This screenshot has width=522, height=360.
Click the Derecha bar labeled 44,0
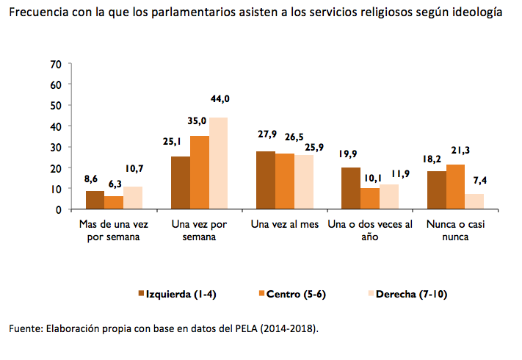[x=219, y=163]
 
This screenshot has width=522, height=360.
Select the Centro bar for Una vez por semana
[x=200, y=173]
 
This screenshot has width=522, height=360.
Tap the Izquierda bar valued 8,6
[x=95, y=200]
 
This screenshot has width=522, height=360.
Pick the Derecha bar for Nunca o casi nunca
[x=474, y=201]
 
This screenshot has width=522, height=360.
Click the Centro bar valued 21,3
[x=455, y=187]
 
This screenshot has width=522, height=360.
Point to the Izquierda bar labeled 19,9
[x=351, y=188]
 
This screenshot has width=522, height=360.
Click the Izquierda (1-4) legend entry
[x=176, y=294]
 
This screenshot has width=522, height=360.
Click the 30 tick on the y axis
[x=55, y=147]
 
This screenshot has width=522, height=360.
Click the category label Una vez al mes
[x=284, y=224]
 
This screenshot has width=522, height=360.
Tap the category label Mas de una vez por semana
[x=114, y=230]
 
